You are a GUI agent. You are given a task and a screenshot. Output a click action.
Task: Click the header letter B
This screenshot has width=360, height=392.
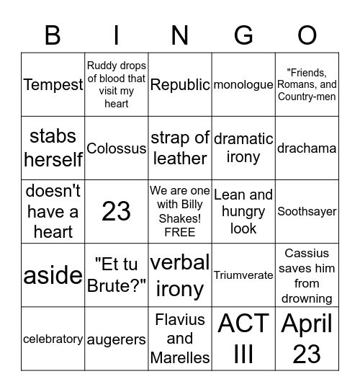pos(53,35)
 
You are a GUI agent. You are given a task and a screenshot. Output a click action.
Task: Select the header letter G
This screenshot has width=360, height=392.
pos(243,35)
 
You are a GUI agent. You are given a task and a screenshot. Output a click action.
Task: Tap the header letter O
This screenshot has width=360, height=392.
pos(307,35)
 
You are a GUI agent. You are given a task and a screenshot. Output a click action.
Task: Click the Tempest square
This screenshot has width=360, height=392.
pos(53,85)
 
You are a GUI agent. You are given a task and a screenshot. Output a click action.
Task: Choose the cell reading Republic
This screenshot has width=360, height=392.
pos(180,85)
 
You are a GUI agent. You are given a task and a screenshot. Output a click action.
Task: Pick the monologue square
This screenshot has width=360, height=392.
pos(243,85)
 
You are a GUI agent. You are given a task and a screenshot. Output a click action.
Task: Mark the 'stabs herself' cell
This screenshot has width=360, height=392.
pos(53,148)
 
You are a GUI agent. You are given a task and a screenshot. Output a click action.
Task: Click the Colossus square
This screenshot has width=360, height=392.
pos(117,148)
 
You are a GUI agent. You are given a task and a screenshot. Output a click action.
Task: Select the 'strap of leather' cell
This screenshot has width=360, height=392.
pos(180,148)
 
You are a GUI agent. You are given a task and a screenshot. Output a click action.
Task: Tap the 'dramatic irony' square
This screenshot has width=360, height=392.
pos(243,148)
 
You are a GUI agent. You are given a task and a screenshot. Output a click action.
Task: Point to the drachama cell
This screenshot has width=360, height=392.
pos(307,148)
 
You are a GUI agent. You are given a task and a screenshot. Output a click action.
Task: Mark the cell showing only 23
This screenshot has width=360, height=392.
pos(117,212)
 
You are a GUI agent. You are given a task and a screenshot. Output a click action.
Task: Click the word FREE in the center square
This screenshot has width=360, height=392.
pos(180,232)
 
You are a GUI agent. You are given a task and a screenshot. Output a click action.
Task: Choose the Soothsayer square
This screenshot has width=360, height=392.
pos(307,212)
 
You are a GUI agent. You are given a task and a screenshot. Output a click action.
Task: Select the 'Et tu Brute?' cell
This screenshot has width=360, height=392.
pos(117,275)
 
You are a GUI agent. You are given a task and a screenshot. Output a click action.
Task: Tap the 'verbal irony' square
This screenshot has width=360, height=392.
pos(180,275)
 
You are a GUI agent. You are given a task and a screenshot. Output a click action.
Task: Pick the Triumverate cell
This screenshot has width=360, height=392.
pos(243,275)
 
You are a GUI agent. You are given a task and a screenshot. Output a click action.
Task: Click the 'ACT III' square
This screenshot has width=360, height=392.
pos(243,339)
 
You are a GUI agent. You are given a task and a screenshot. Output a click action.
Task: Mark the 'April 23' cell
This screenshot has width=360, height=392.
pos(307,339)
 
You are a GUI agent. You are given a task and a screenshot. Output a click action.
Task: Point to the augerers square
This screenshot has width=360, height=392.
pos(117,339)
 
